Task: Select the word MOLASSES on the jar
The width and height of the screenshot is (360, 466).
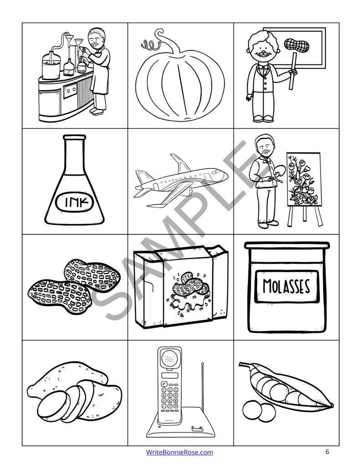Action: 286,286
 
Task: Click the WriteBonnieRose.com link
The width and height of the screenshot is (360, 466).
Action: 179,452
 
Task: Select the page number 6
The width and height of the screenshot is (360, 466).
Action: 327,452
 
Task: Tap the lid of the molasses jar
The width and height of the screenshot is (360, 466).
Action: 286,246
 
